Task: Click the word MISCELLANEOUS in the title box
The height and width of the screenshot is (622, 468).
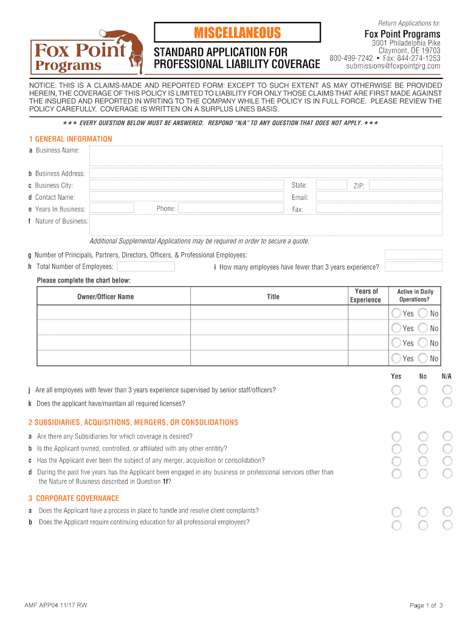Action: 237,32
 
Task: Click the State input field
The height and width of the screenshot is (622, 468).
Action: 331,185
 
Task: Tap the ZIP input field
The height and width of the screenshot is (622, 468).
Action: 405,185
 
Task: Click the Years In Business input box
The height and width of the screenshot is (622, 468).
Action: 111,208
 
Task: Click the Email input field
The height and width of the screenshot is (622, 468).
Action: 379,197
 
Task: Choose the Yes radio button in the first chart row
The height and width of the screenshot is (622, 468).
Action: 396,313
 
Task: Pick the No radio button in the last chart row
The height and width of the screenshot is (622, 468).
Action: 423,358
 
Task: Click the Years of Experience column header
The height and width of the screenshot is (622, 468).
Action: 366,296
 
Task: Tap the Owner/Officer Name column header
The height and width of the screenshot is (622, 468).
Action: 105,296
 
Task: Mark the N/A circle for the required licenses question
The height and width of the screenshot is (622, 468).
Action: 447,403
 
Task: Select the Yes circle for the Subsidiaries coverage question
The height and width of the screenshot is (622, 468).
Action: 396,436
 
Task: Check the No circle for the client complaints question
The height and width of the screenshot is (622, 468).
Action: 423,511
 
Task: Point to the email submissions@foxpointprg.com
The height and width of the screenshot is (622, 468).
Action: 393,66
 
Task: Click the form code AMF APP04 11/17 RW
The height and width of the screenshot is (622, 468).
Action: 55,605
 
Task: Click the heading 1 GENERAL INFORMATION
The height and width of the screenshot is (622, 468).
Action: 70,139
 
